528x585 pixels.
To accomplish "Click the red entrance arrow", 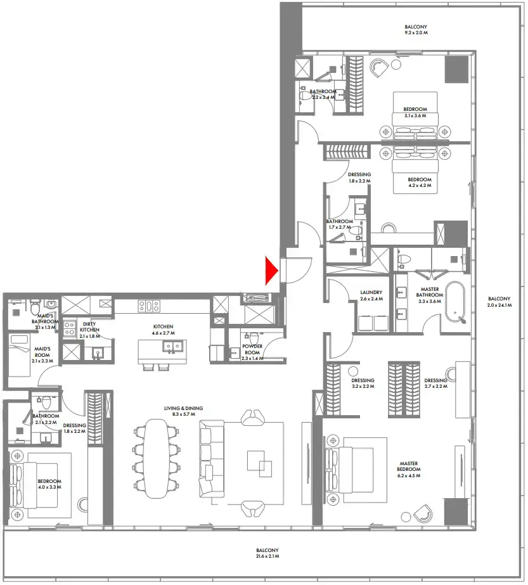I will (x=272, y=271).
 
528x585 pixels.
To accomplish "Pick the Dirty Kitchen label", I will (x=89, y=330).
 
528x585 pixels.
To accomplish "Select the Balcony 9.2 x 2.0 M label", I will (x=416, y=29).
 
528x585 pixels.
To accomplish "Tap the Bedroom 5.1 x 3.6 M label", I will (x=416, y=113).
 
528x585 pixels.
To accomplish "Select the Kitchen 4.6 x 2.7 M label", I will (x=162, y=330).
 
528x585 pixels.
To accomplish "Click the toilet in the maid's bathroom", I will (x=32, y=307).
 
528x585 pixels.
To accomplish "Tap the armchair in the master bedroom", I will (x=420, y=510).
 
